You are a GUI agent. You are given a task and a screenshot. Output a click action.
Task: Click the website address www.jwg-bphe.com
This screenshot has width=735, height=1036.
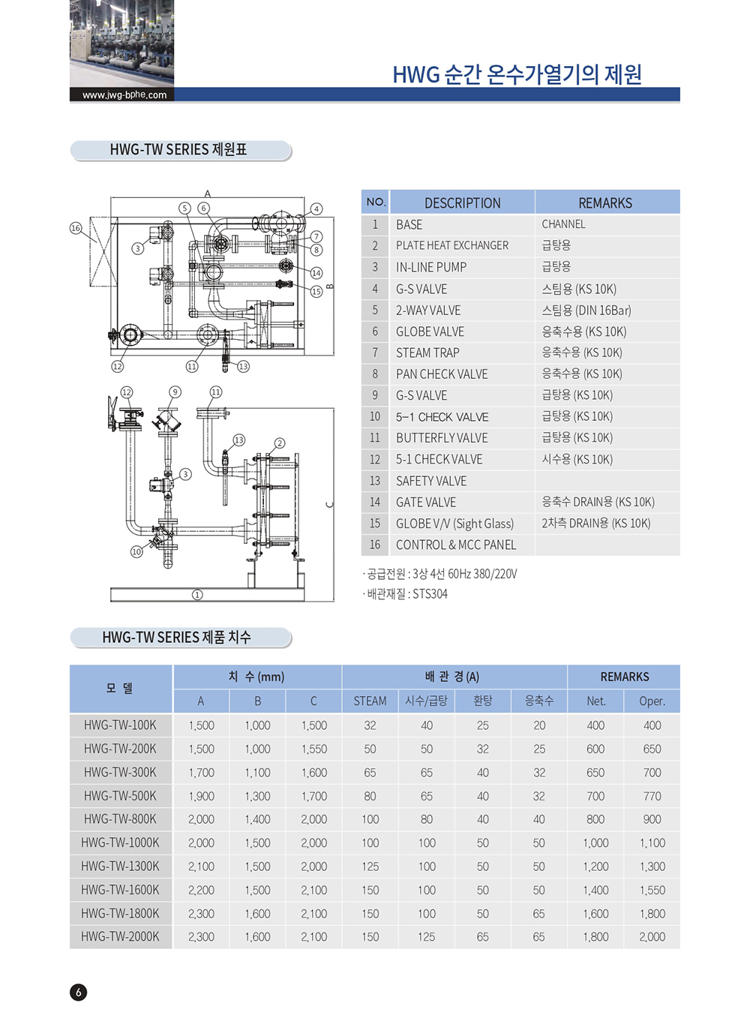tap(124, 95)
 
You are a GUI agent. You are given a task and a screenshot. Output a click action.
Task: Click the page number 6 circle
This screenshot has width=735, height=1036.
tap(78, 992)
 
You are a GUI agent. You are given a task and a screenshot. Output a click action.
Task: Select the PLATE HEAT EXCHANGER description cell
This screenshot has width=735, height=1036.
tap(451, 245)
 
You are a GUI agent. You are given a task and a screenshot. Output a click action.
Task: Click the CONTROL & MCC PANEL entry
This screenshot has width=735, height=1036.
tap(455, 545)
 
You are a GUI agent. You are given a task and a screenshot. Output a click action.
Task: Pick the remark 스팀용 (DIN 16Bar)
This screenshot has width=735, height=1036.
tap(586, 310)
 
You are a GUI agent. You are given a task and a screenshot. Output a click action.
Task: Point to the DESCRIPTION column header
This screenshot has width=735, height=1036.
tap(462, 203)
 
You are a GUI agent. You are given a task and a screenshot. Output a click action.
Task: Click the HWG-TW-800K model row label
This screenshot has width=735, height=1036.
tap(120, 819)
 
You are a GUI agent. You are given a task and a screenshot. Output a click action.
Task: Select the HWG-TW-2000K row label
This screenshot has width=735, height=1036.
tap(120, 936)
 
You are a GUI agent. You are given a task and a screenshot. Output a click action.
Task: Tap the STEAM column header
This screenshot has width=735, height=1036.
tap(370, 701)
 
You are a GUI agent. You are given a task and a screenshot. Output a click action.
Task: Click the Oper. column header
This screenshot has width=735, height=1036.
tap(652, 701)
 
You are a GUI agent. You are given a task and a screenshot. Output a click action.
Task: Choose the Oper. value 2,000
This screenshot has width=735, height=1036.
tap(652, 936)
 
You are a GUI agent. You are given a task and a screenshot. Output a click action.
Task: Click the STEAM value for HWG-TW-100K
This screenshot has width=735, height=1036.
tap(370, 725)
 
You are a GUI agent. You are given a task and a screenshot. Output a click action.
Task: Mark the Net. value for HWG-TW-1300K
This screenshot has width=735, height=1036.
tap(595, 866)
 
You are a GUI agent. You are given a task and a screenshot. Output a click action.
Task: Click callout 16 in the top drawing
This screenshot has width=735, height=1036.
tap(76, 228)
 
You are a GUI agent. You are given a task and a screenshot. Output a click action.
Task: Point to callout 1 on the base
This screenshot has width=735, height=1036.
tap(197, 595)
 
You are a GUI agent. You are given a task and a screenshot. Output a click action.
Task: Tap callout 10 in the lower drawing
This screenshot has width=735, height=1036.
tap(136, 551)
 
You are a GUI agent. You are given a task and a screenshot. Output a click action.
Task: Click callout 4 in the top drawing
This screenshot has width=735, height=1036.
tap(316, 209)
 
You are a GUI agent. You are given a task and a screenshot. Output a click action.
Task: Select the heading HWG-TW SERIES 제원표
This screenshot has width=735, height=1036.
tap(178, 149)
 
